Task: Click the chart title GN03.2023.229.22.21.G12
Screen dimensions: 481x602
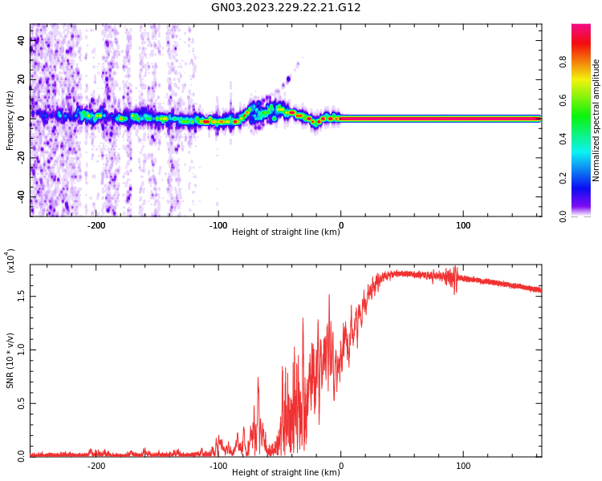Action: [x=286, y=8]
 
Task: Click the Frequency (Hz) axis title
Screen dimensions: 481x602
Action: [x=10, y=119]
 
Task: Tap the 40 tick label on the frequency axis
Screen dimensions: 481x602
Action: [x=22, y=40]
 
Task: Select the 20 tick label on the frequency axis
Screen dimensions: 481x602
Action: [x=22, y=79]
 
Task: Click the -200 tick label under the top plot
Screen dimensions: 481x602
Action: [x=96, y=225]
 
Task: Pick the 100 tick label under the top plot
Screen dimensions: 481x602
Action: [x=463, y=225]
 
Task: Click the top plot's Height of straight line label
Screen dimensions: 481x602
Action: [x=286, y=232]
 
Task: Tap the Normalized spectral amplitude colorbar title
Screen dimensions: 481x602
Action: [x=596, y=119]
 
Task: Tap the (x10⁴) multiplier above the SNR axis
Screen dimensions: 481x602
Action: [x=10, y=261]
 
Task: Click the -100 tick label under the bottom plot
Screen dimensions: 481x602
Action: [x=218, y=466]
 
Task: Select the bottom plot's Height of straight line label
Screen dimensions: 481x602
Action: [x=286, y=473]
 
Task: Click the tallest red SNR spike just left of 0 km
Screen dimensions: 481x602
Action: [x=329, y=296]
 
